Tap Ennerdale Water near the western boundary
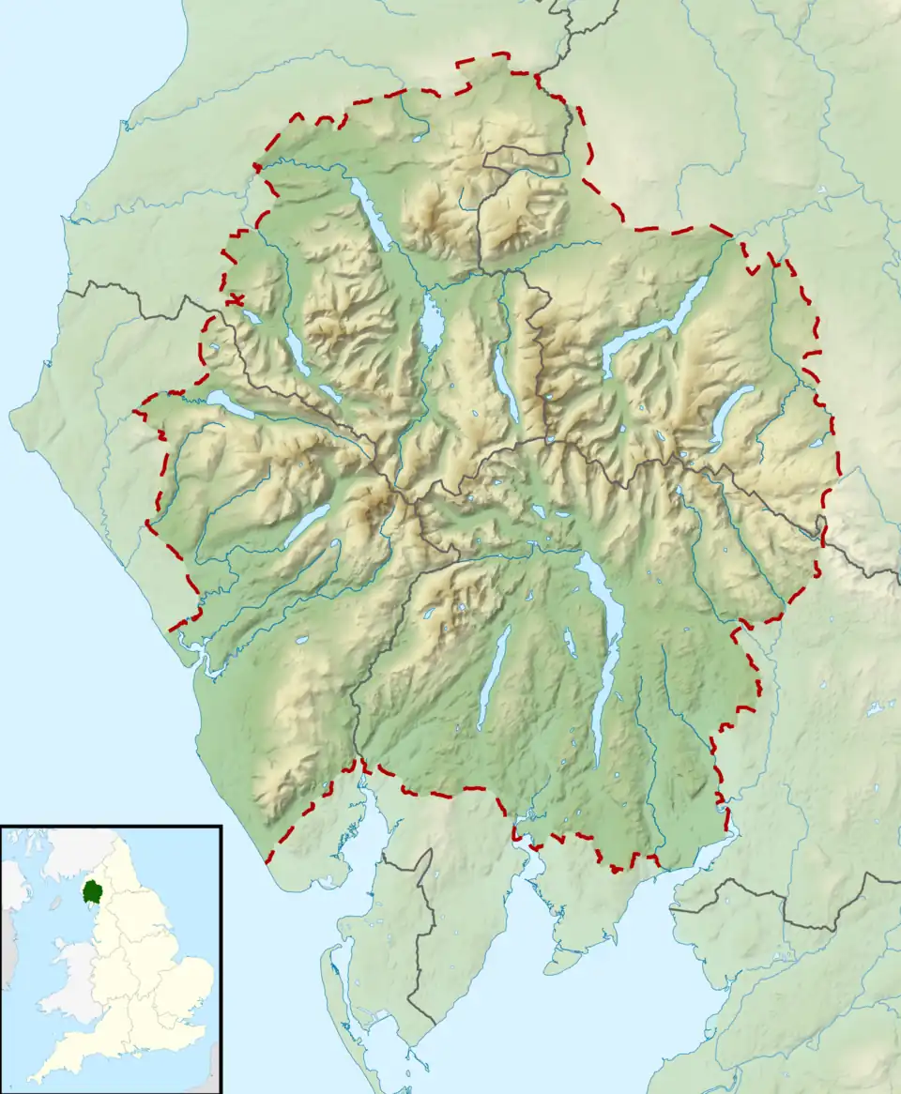click(230, 404)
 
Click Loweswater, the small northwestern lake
click(251, 317)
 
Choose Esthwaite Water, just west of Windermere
click(570, 643)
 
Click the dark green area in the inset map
click(93, 890)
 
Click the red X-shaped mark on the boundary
click(235, 299)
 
